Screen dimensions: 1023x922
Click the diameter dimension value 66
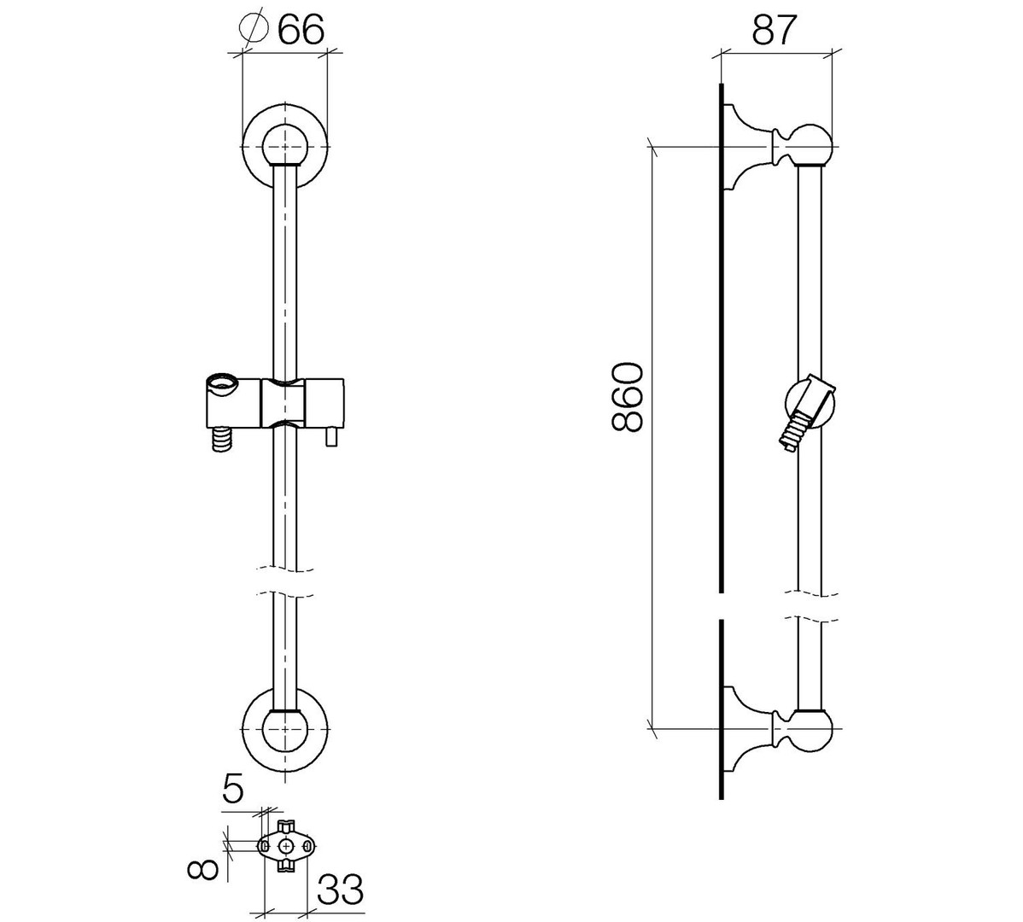tap(301, 30)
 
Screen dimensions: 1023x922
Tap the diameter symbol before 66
tap(254, 29)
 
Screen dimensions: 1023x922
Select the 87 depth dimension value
tap(775, 30)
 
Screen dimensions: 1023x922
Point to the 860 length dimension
tap(628, 398)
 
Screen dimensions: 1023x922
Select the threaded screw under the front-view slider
tap(223, 438)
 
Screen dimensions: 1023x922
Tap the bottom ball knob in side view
tap(810, 728)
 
